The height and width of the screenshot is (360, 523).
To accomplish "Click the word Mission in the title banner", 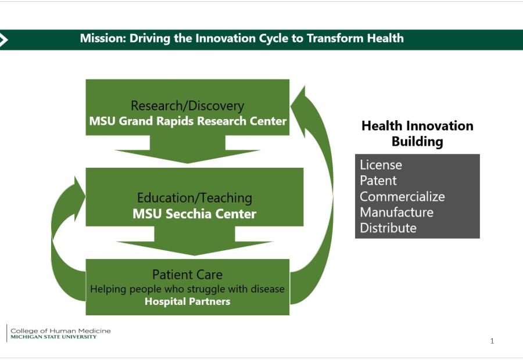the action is click(103, 38).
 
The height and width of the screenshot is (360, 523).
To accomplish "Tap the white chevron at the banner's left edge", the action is click(3, 40).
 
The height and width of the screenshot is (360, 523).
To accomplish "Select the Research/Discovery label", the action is click(188, 106).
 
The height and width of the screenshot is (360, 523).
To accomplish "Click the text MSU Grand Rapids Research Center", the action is click(188, 121).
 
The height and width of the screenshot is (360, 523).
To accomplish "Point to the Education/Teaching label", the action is click(195, 197).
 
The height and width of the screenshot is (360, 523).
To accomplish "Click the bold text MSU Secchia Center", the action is click(195, 214).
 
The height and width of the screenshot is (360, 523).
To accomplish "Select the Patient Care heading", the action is click(188, 275).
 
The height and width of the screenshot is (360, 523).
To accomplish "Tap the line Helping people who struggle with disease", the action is click(188, 289).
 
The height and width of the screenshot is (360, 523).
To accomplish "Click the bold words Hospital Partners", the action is click(188, 301).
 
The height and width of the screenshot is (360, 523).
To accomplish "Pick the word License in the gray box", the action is click(381, 165).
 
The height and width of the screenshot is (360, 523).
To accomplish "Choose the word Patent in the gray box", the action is click(378, 181).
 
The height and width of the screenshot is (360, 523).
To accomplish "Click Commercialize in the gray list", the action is click(402, 197).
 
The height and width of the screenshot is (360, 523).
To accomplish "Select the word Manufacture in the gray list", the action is click(396, 213).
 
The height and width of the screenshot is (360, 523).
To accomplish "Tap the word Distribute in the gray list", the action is click(388, 228).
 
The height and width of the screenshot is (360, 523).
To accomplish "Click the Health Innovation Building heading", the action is click(417, 134).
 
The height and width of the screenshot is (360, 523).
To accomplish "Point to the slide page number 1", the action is click(492, 341).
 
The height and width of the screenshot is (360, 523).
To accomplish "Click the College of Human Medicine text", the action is click(60, 330).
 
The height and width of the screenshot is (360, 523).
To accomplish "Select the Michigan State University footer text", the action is click(53, 337).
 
